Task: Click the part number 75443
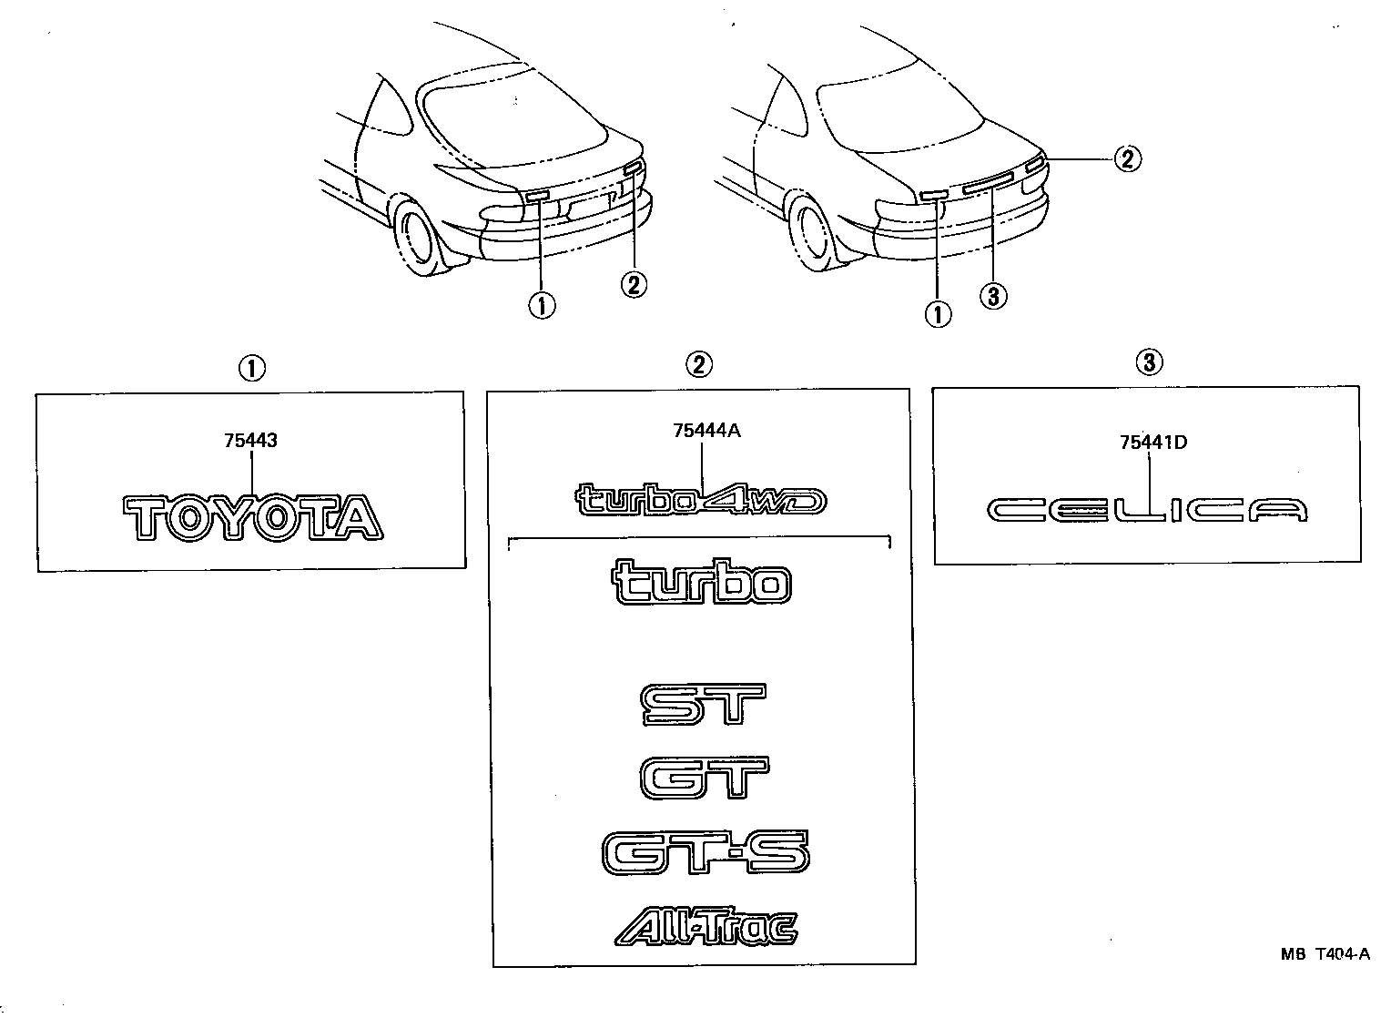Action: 250,441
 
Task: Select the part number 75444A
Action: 706,432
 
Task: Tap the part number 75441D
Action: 1153,443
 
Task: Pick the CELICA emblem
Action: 1148,511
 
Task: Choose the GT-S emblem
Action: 705,853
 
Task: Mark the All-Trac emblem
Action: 706,926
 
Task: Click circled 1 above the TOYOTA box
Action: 251,369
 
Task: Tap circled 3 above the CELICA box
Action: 1148,362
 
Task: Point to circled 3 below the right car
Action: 994,296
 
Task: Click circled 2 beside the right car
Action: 1126,159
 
